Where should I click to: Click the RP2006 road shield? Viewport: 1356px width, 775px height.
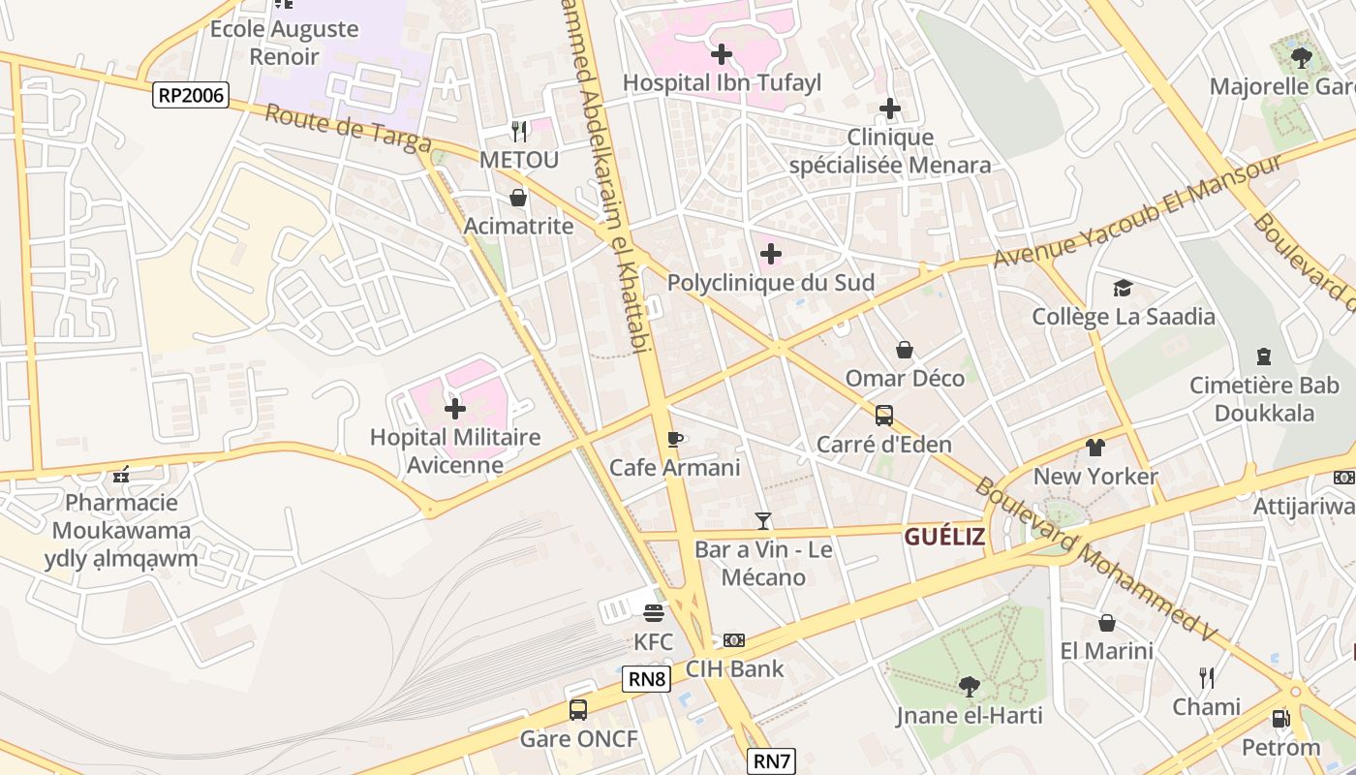click(x=190, y=94)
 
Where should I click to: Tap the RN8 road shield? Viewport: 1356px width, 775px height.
click(x=647, y=679)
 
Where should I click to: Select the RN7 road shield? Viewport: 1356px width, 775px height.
click(x=772, y=762)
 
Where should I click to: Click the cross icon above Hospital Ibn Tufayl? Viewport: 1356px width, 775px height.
click(x=721, y=54)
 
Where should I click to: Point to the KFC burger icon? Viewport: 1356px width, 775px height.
click(x=654, y=612)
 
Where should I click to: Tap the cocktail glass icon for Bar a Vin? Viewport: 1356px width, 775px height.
click(x=763, y=521)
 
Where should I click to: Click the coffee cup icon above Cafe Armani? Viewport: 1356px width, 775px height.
click(x=675, y=439)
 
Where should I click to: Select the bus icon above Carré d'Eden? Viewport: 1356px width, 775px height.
click(x=883, y=416)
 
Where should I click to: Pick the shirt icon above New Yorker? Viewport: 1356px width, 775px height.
click(x=1095, y=448)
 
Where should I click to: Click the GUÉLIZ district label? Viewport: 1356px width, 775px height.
click(x=944, y=537)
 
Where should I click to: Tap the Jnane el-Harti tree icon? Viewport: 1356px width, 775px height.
click(x=968, y=687)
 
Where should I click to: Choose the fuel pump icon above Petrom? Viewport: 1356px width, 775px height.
click(x=1280, y=719)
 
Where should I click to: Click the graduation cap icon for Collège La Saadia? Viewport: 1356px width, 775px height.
click(x=1123, y=288)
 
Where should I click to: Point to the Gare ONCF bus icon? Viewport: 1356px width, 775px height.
click(x=578, y=710)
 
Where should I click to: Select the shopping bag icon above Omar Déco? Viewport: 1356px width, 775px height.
click(x=905, y=350)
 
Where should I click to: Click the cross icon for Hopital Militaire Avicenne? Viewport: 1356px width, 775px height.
click(x=454, y=409)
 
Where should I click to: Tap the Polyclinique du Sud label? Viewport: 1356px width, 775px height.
click(x=771, y=283)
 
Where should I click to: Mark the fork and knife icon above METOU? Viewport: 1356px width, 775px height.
click(x=519, y=131)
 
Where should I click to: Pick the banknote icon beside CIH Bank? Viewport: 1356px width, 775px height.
click(x=734, y=640)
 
